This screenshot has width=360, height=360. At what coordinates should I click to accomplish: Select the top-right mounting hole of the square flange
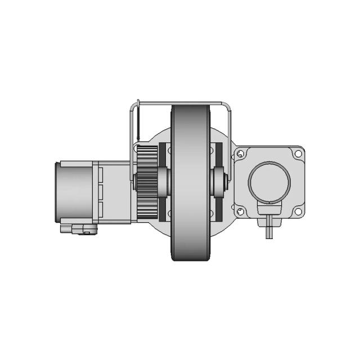pos(298,154)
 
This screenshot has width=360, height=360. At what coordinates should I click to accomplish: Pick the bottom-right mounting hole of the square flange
pos(298,211)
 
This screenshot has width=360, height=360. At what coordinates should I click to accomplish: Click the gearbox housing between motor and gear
pos(115,191)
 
